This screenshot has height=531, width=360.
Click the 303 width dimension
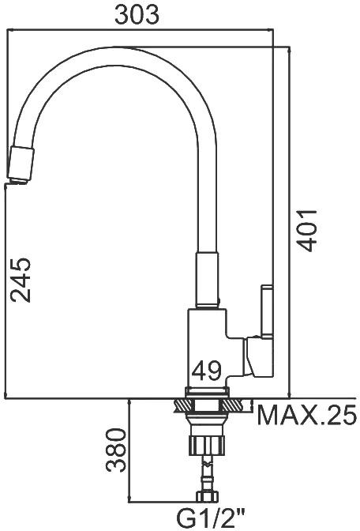(137, 15)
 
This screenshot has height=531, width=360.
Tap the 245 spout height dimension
(21, 280)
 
